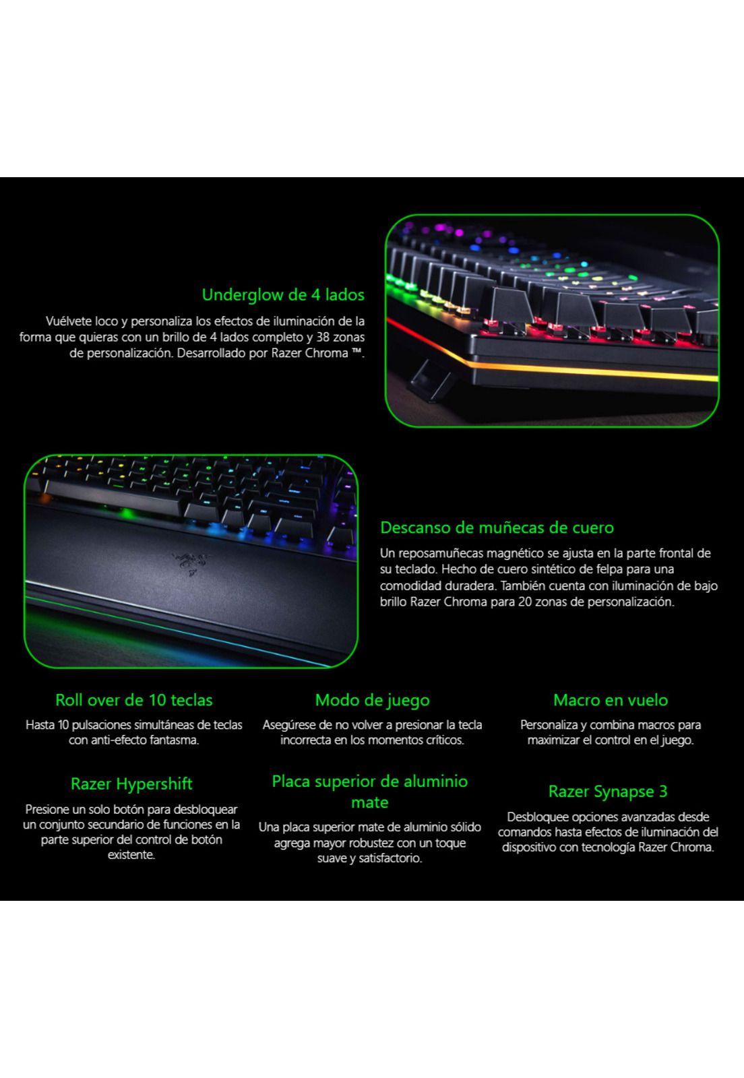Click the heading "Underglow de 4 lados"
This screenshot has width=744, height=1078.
[283, 294]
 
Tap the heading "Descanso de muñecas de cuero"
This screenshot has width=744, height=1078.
[497, 527]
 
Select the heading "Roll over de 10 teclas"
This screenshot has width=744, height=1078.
[133, 700]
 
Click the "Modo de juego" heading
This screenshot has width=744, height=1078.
[372, 700]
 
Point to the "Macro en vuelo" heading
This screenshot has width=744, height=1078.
[610, 700]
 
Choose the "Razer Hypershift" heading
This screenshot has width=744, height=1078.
[131, 784]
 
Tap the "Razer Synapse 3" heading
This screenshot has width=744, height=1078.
[607, 791]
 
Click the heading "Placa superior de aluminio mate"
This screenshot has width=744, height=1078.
[369, 792]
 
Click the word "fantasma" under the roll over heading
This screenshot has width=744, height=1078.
[176, 740]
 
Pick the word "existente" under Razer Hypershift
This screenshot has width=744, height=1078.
[131, 855]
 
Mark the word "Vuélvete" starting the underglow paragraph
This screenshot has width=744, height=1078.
[69, 321]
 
